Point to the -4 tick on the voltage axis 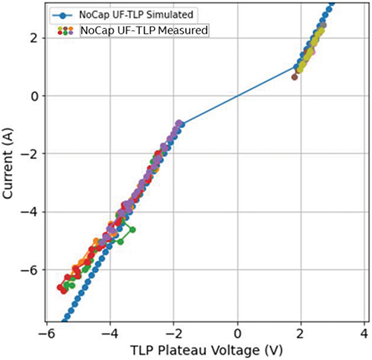pos(109,332)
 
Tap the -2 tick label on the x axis pos(173,332)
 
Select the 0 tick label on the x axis pos(238,332)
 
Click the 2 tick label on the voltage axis pos(301,332)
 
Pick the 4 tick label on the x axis pos(365,332)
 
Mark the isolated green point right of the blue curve pos(132,230)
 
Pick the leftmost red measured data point pos(60,286)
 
